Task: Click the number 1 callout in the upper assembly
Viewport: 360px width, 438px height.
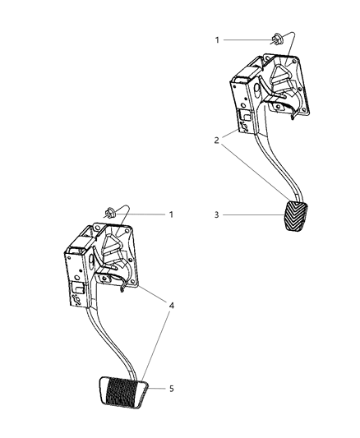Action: click(x=218, y=39)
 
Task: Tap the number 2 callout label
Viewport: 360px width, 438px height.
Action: click(x=217, y=141)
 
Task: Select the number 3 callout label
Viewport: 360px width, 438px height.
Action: click(x=217, y=216)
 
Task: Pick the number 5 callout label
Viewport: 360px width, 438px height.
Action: click(x=170, y=389)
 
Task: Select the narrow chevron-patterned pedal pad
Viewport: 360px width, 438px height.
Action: click(x=293, y=219)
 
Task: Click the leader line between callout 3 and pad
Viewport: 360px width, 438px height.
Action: click(x=251, y=216)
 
